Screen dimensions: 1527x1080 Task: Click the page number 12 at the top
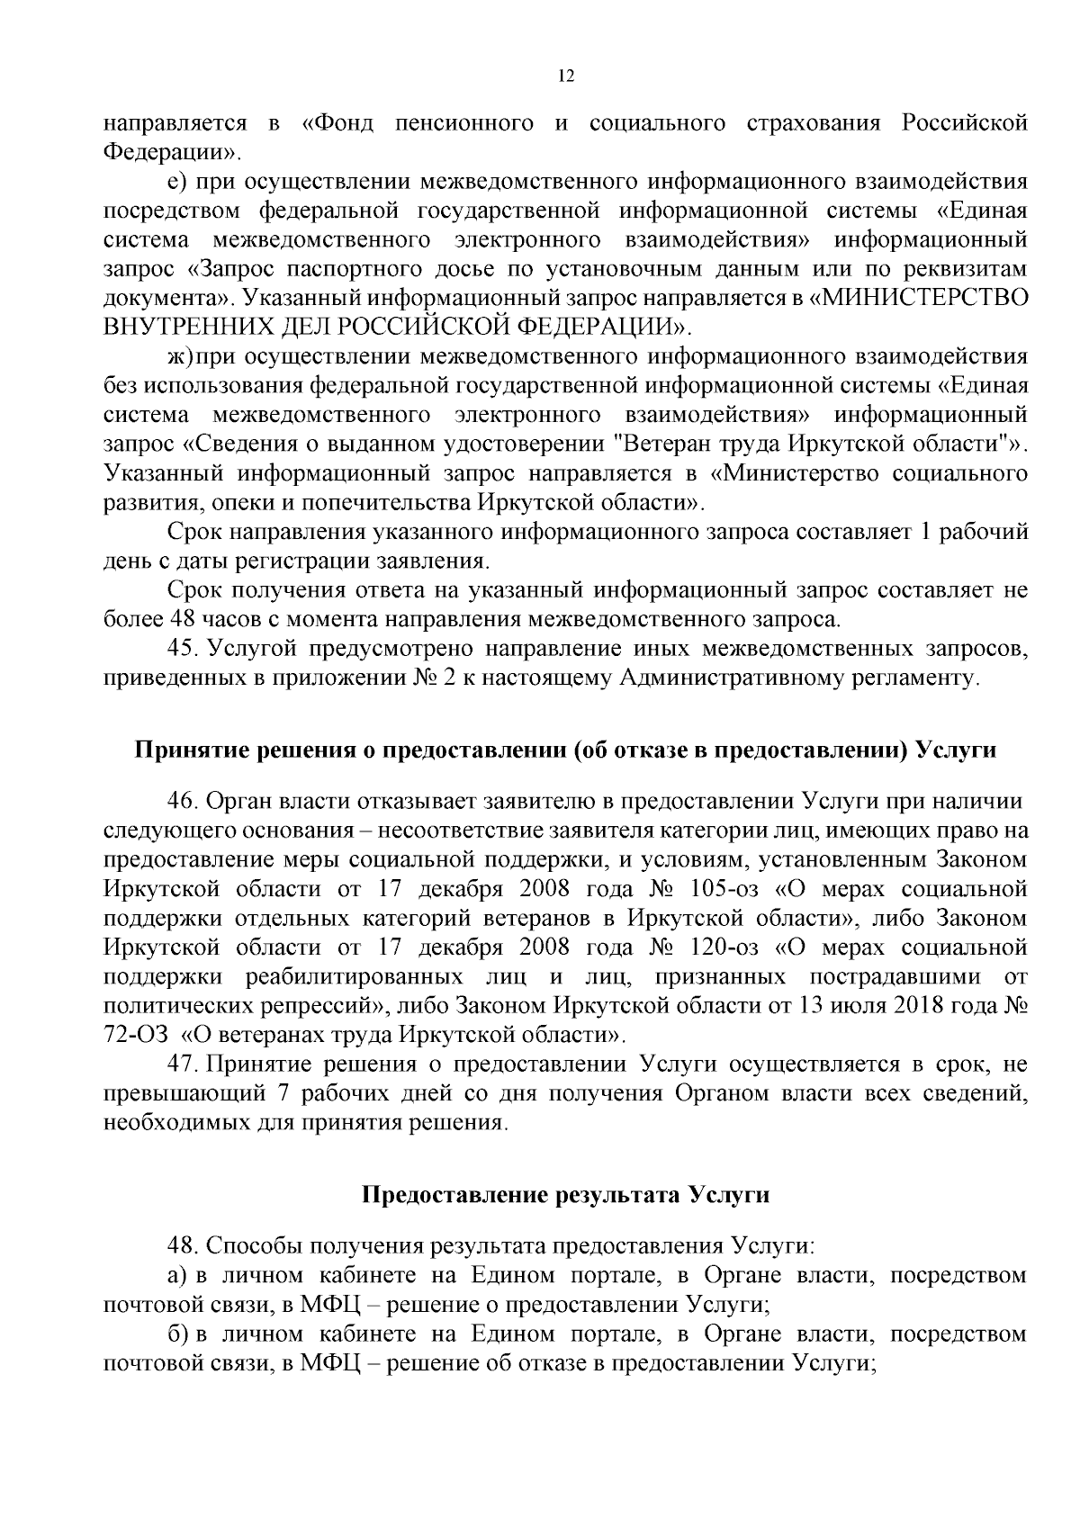click(566, 77)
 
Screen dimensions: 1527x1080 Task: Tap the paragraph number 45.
click(182, 649)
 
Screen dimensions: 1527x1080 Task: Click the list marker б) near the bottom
click(178, 1334)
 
